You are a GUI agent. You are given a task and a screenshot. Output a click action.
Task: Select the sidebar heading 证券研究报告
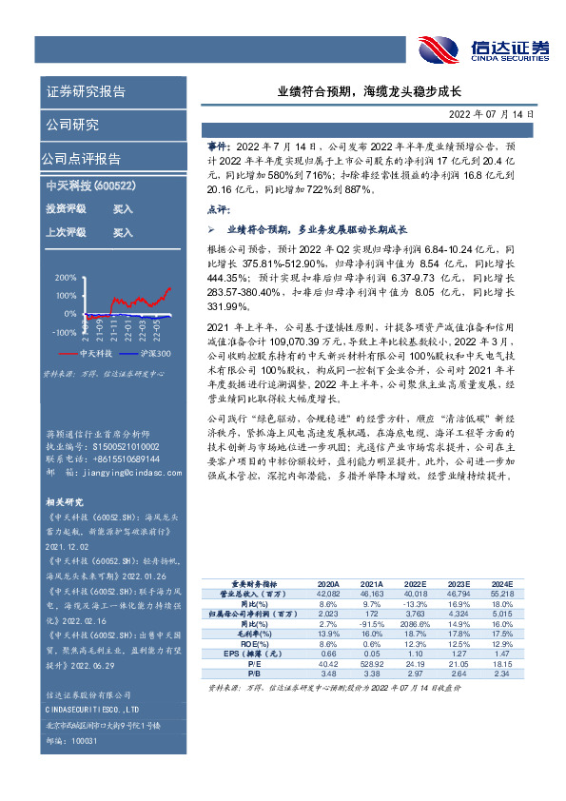tap(85, 92)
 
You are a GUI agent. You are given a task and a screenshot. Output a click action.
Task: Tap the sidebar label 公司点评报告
tap(81, 158)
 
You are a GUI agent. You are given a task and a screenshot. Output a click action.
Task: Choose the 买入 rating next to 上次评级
tap(123, 231)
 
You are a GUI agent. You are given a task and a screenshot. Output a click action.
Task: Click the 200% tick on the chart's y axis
tap(65, 278)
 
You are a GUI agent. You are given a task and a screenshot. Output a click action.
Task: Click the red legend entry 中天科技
tap(96, 352)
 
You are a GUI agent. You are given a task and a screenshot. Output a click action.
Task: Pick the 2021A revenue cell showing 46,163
tap(371, 593)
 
